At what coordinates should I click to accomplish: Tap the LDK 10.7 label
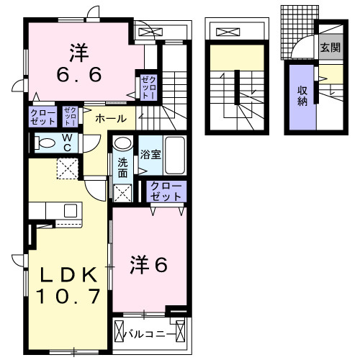(x=68, y=284)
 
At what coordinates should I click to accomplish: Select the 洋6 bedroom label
(x=148, y=265)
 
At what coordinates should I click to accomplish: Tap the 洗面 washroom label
(x=122, y=168)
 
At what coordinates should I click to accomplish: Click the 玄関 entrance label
(x=330, y=49)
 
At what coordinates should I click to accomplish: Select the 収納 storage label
(x=302, y=96)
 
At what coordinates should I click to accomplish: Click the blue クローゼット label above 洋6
(x=166, y=191)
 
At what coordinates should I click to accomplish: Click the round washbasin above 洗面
(x=122, y=144)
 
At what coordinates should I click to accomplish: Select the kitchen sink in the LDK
(x=70, y=211)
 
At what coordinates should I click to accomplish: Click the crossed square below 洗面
(x=122, y=193)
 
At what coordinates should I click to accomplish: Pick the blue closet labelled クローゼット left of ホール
(x=40, y=117)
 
